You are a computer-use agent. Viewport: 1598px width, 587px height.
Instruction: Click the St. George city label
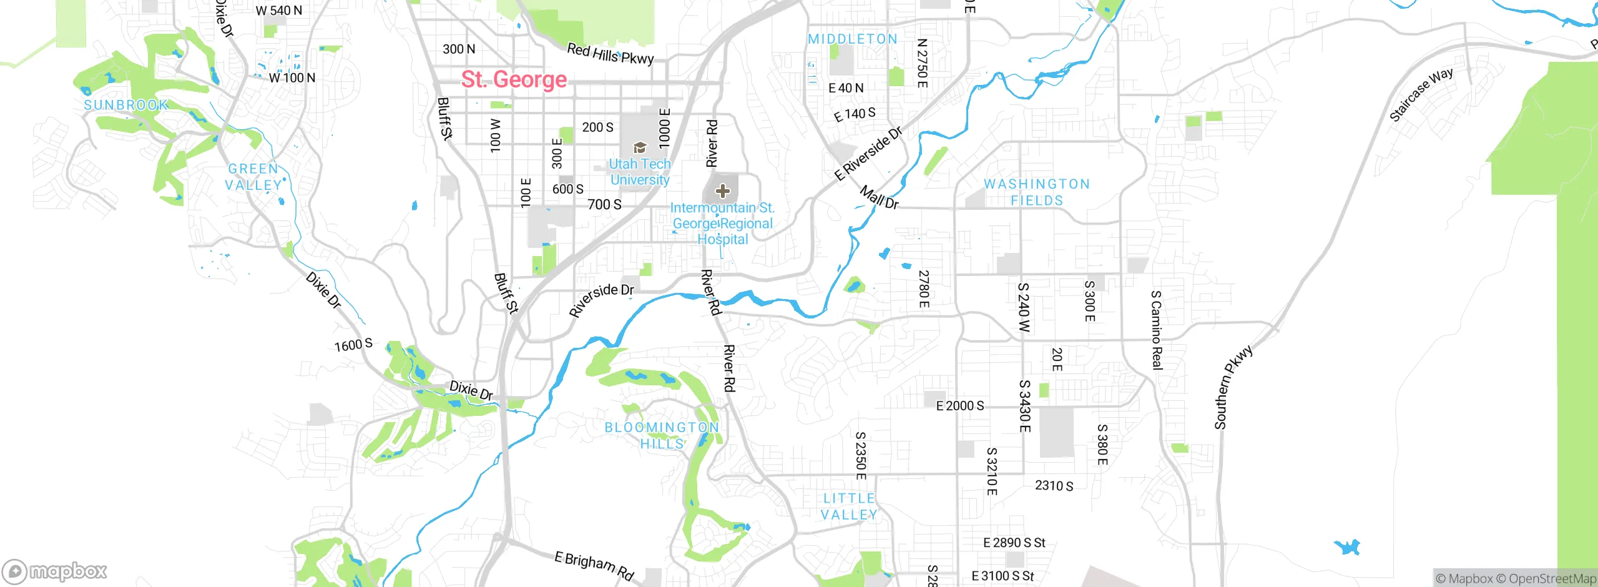(514, 80)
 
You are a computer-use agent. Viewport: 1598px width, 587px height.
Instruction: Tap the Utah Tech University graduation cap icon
(640, 148)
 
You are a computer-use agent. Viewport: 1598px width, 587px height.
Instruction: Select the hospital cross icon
(722, 191)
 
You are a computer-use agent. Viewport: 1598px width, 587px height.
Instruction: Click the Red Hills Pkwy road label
(610, 54)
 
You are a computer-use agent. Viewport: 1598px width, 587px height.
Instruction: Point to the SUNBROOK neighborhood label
(126, 105)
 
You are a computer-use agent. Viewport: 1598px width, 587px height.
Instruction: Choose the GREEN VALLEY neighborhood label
(253, 177)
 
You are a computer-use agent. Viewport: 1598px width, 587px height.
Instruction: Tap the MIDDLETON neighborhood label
(853, 39)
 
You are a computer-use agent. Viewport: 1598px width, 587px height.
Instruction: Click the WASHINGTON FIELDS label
(1037, 192)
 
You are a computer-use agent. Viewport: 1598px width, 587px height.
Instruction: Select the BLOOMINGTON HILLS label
(662, 435)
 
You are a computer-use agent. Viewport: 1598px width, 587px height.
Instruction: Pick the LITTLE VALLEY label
(849, 506)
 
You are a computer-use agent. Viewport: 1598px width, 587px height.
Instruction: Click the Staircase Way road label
(1421, 95)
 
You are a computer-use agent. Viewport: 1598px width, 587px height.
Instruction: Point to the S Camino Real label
(1157, 330)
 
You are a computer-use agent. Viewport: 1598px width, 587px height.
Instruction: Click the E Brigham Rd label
(594, 565)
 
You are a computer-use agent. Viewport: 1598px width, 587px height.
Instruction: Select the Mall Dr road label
(879, 197)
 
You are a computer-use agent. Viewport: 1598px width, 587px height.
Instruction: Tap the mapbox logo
(55, 571)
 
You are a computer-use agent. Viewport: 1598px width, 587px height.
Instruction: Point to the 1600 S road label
(353, 345)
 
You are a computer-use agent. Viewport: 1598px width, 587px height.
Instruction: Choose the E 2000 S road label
(960, 406)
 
